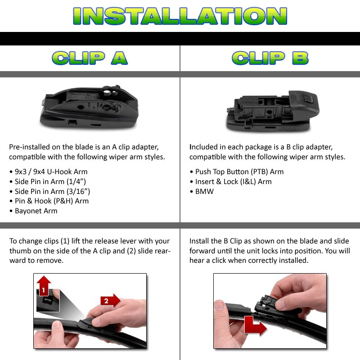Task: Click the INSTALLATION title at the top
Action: [x=180, y=16]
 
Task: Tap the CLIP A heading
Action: [x=90, y=58]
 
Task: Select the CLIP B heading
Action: [x=270, y=58]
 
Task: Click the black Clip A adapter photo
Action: [x=90, y=106]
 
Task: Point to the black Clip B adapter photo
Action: [x=273, y=111]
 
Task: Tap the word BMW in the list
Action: [x=204, y=192]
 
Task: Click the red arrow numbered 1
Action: [x=44, y=287]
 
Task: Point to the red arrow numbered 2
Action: [x=111, y=301]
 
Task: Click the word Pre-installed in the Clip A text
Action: [x=29, y=147]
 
